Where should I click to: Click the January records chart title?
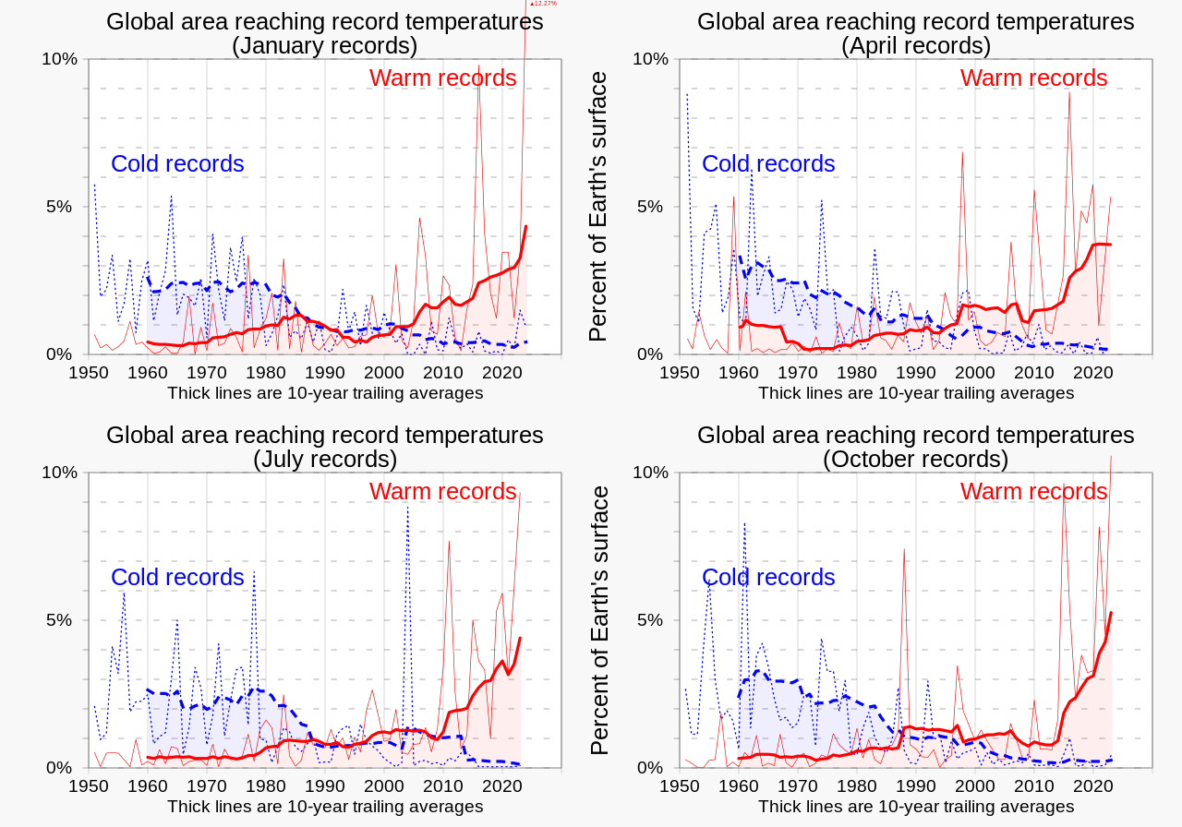[324, 33]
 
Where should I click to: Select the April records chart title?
[915, 33]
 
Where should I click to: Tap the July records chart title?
[324, 447]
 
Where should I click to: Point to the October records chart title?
[915, 447]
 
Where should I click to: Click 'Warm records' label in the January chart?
[442, 78]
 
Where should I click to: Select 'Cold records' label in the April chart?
[768, 164]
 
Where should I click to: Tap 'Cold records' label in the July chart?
[177, 578]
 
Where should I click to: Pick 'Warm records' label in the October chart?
[1033, 492]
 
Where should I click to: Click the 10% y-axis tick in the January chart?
[59, 59]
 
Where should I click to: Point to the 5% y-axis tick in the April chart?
[650, 207]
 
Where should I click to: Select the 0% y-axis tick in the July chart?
[59, 768]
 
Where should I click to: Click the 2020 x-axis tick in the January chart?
[502, 373]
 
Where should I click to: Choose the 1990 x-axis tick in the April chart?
[916, 373]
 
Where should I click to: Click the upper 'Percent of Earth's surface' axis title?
[598, 207]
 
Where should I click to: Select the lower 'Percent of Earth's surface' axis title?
[598, 620]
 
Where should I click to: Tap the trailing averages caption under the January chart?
[325, 393]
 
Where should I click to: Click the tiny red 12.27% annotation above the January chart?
[543, 4]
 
